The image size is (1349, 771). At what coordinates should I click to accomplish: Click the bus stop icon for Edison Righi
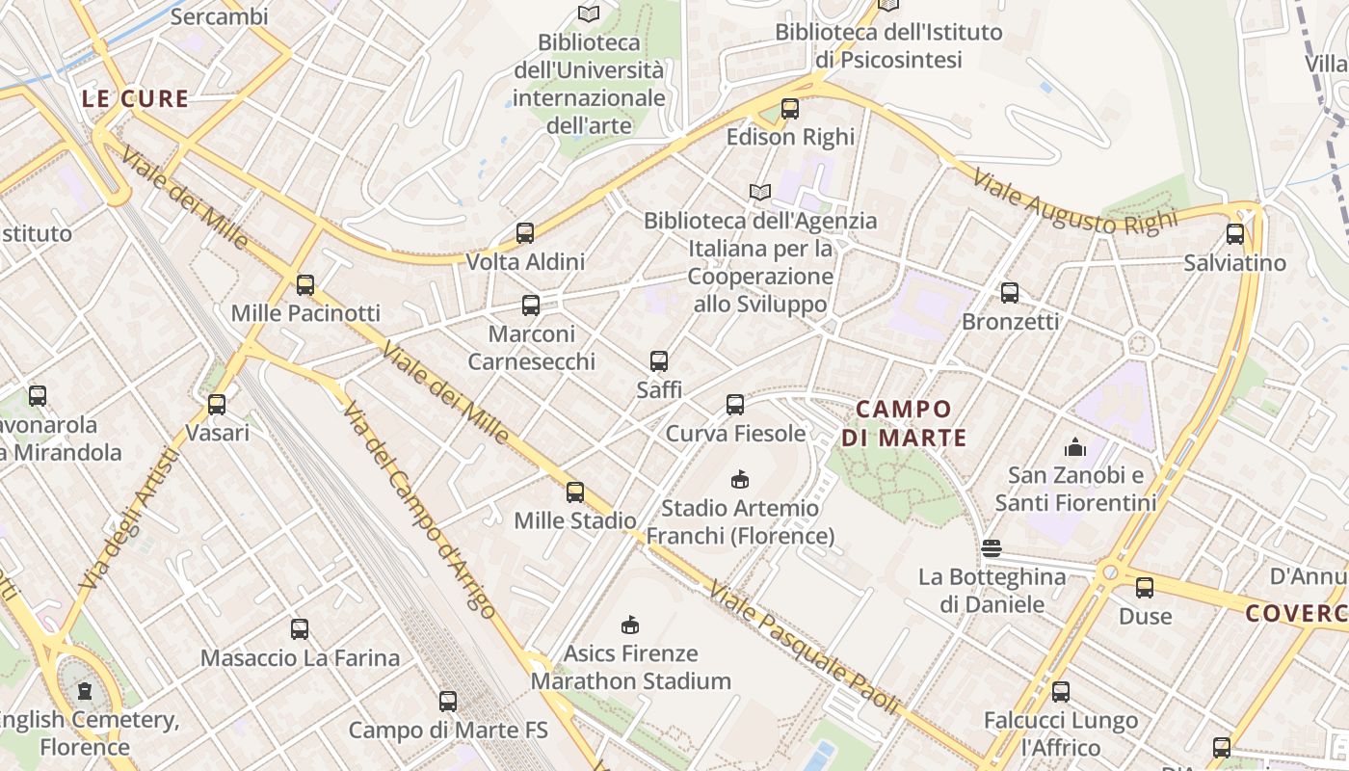pos(790,109)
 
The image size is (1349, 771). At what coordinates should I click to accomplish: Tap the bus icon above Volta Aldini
pos(525,233)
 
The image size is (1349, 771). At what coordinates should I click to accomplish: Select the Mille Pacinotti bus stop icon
pos(305,285)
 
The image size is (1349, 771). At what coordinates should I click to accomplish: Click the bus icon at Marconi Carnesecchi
pos(531,306)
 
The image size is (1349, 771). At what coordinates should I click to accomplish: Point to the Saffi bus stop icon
pos(659,361)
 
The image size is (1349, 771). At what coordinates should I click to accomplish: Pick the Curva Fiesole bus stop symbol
pos(735,405)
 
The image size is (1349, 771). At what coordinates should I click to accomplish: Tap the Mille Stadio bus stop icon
pos(575,492)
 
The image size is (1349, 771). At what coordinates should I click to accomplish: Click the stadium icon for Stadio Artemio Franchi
pos(740,479)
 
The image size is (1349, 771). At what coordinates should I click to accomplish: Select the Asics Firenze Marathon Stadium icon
pos(630,625)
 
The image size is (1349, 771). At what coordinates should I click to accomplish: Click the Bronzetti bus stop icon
pos(1010,293)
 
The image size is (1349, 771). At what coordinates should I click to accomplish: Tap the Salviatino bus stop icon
pos(1235,234)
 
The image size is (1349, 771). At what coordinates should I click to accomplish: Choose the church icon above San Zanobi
pos(1075,447)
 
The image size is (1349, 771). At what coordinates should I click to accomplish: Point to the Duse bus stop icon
pos(1145,588)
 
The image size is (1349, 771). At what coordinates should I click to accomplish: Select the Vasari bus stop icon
pos(217,405)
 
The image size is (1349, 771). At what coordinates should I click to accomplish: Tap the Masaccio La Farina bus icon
pos(300,629)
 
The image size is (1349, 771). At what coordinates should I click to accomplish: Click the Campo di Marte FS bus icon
pos(448,702)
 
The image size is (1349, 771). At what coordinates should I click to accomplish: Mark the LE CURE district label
pos(135,98)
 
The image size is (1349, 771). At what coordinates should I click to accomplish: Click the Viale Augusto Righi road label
pos(1074,202)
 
